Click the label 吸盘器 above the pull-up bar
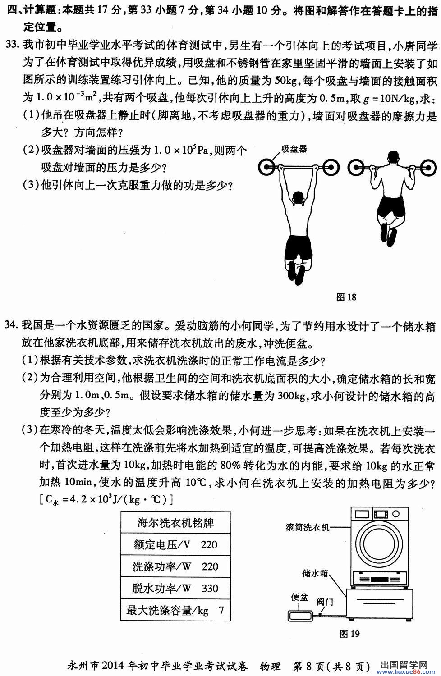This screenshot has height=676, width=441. point(294,149)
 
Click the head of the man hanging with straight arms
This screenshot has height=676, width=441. point(298,198)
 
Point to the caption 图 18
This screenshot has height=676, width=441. point(346,297)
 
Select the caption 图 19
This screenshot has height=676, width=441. point(349,634)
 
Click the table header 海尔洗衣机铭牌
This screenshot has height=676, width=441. point(175,523)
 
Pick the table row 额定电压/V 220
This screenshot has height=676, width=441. point(175,544)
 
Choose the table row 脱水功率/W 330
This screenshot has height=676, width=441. point(175,588)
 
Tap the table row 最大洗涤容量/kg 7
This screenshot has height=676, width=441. point(175,610)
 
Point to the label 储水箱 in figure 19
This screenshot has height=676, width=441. point(315,573)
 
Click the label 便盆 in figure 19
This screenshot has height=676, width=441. point(299,598)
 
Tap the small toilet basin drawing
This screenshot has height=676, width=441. point(299,614)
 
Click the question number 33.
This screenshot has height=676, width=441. point(12,45)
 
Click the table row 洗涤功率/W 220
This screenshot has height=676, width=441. point(175,566)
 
